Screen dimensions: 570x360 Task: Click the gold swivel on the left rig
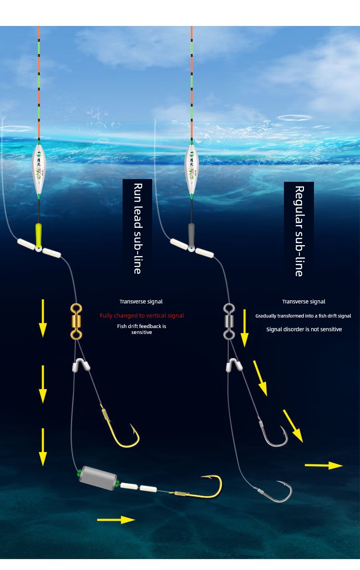[x=76, y=322]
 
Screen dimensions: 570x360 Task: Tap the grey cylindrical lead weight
[x=98, y=478]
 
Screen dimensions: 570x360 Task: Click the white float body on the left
[x=39, y=169]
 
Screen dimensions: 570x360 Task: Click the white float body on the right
[x=191, y=169]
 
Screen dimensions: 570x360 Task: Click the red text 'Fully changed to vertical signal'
[x=142, y=315]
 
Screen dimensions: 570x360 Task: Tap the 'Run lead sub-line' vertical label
[x=137, y=228]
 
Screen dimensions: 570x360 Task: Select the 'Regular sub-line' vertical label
[x=299, y=231]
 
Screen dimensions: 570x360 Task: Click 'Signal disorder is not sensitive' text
[x=304, y=329]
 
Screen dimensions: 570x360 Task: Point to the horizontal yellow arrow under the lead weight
[x=116, y=519]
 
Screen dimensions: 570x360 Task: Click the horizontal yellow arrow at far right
[x=323, y=465]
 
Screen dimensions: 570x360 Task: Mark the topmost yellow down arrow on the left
[x=43, y=318]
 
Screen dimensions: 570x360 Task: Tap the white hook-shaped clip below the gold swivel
[x=81, y=365]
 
